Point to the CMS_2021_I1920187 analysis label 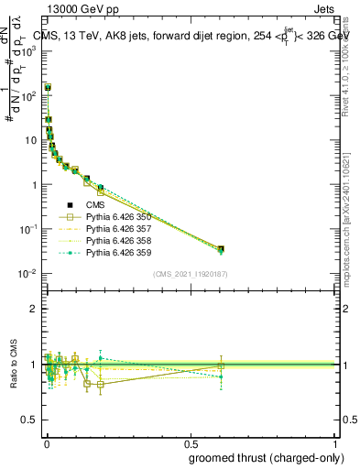click(x=190, y=274)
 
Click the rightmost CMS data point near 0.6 click(x=221, y=248)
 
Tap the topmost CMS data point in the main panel click(x=48, y=88)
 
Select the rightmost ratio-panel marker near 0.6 click(x=221, y=366)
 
